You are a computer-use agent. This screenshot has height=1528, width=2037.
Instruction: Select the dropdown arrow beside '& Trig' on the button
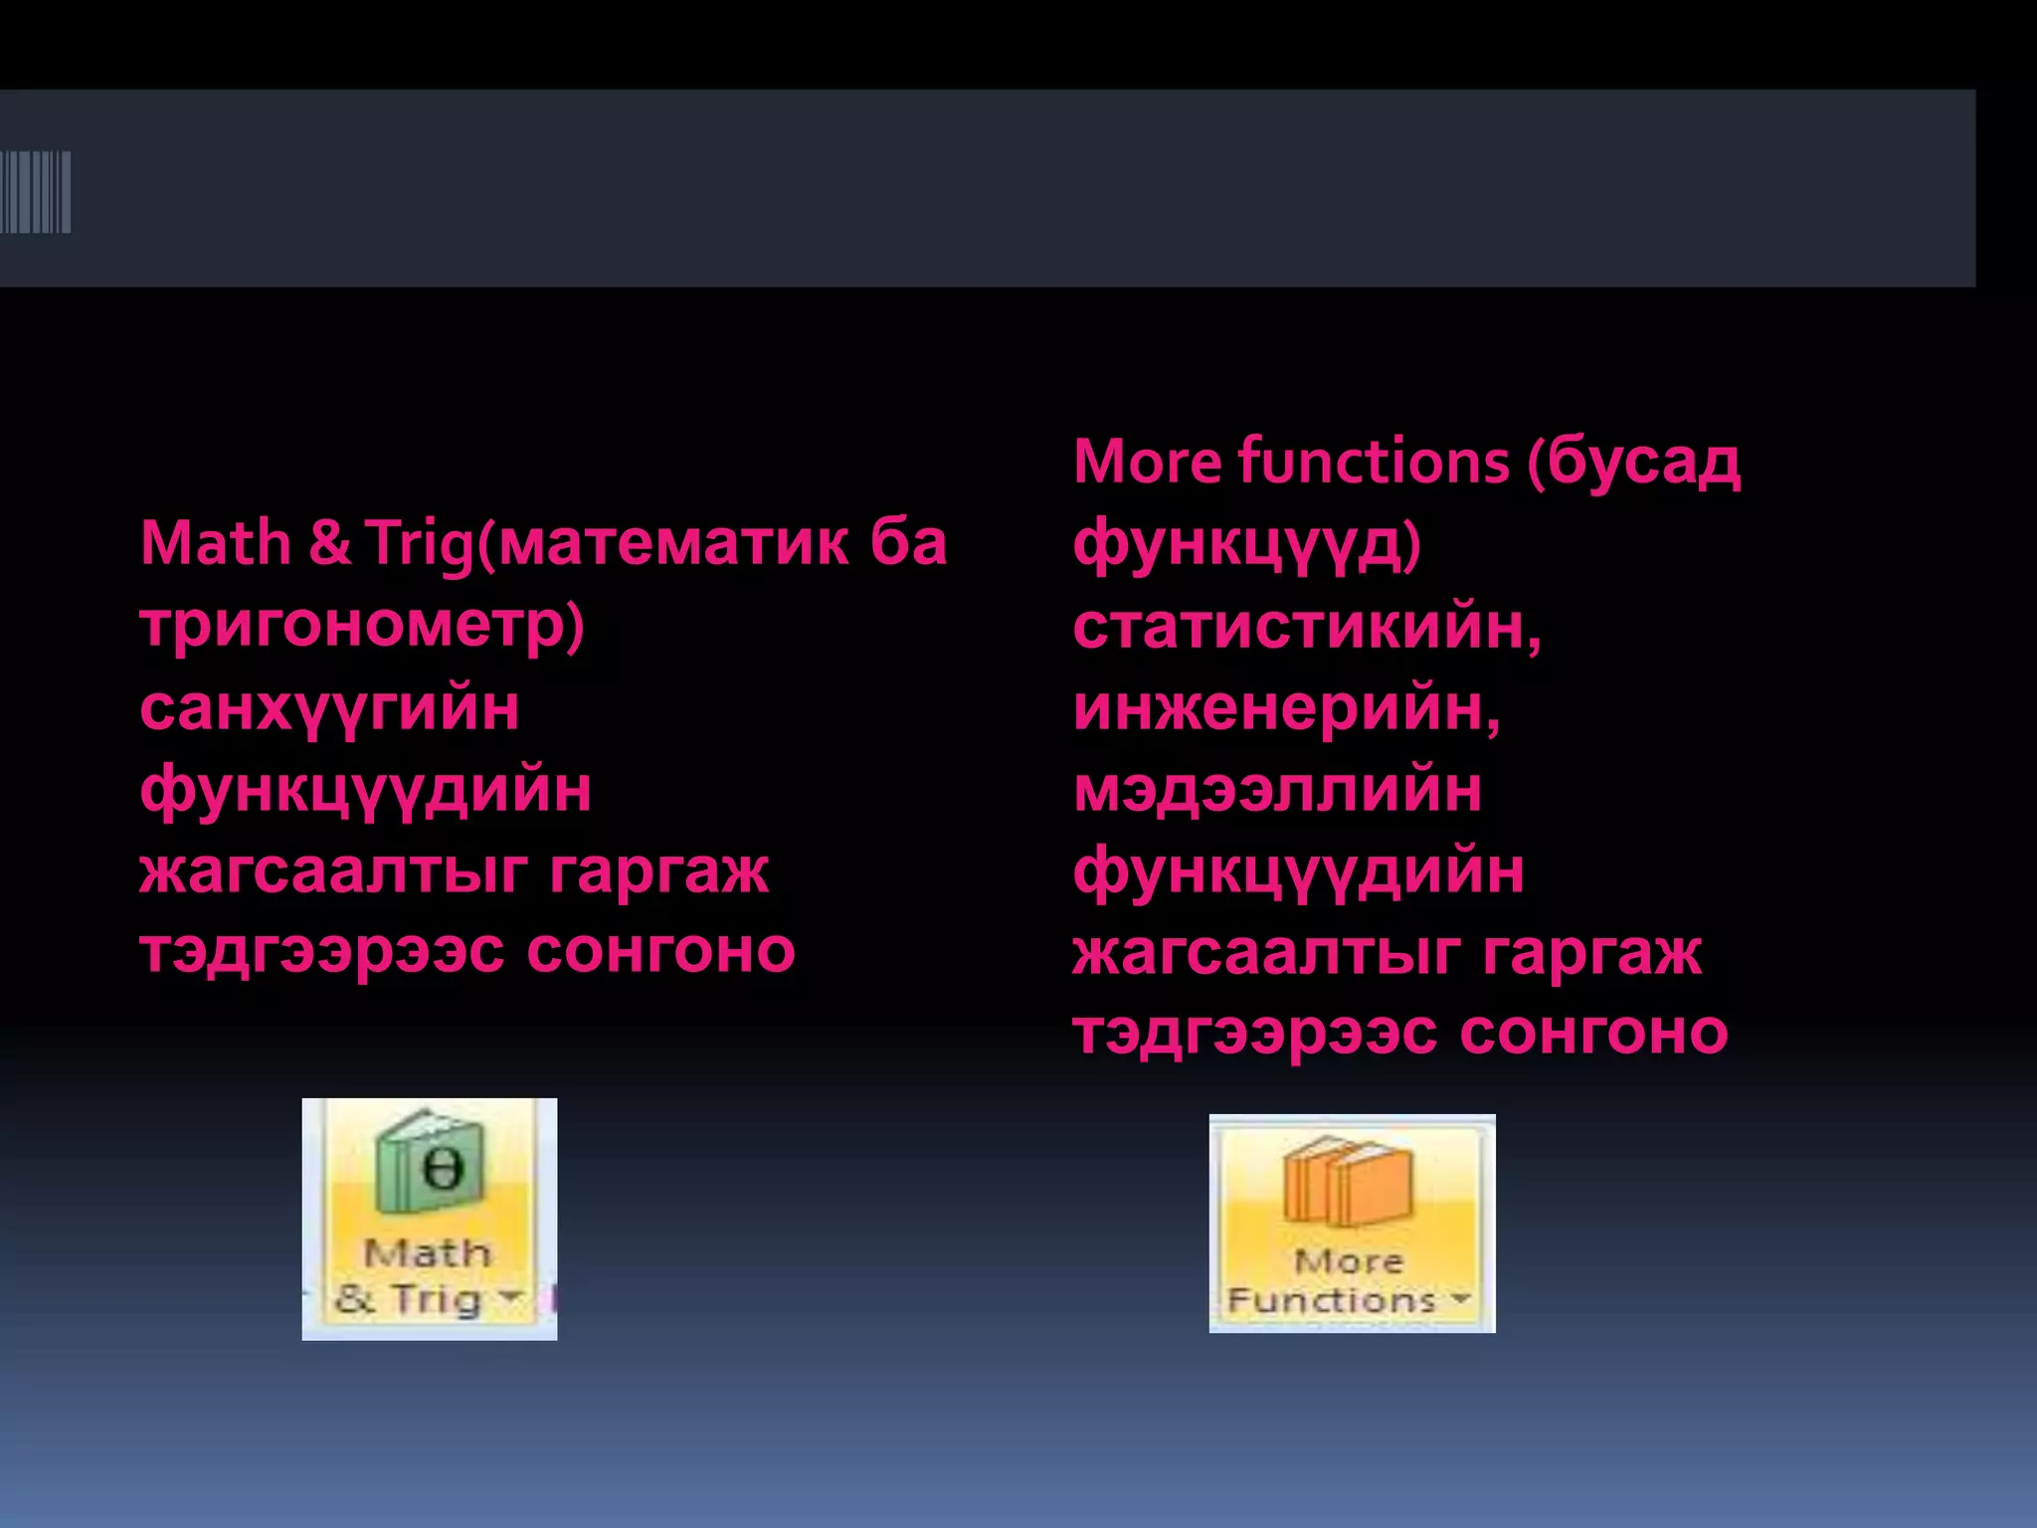510,1296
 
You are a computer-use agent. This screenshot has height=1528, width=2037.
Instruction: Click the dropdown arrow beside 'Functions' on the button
1460,1298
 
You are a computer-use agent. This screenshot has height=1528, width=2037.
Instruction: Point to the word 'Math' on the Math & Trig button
428,1252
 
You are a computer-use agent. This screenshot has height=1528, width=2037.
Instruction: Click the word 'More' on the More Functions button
1349,1261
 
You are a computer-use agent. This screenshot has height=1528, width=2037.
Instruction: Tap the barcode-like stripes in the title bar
36,191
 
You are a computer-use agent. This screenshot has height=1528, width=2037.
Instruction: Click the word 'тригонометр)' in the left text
362,625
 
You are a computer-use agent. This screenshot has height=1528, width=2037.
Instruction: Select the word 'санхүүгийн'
329,708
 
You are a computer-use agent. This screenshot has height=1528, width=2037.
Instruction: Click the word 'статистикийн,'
1307,627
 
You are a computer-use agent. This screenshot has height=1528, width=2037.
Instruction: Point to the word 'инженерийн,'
1286,708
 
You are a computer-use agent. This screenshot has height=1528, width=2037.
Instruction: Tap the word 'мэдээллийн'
1277,790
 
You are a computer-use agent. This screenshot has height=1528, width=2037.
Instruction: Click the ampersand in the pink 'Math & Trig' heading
329,543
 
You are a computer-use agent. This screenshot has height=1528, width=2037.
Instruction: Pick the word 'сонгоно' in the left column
660,951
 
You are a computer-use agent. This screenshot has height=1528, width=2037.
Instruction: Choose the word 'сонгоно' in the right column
1593,1033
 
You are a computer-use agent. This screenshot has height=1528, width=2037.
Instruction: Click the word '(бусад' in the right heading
1634,464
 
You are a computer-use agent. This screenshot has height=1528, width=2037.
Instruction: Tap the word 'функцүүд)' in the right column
1247,545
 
